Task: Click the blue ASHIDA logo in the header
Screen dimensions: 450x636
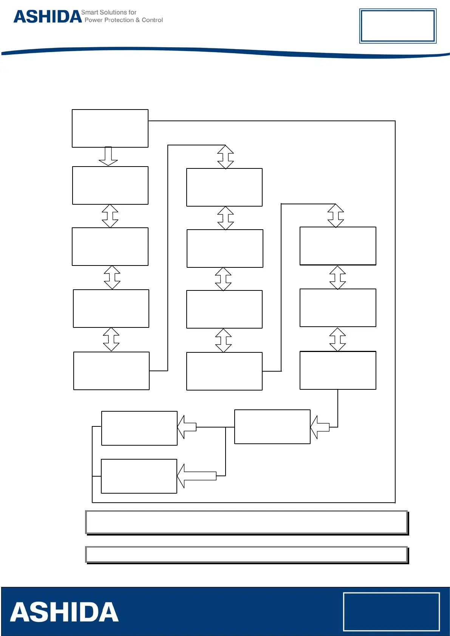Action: [48, 17]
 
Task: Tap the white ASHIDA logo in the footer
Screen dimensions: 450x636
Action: [64, 612]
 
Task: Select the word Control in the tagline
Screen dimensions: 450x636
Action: [152, 20]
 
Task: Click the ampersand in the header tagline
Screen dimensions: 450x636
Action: [138, 20]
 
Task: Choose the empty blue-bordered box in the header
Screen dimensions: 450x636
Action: [397, 26]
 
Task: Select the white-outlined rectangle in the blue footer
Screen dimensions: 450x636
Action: [391, 611]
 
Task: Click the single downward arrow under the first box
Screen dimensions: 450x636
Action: [108, 156]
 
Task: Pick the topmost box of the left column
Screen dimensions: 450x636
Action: [110, 128]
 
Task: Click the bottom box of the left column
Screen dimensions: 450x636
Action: [111, 371]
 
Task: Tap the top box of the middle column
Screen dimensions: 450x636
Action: [224, 187]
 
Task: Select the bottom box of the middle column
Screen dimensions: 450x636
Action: [224, 371]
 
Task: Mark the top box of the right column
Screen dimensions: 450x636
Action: [338, 246]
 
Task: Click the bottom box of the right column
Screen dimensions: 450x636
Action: [338, 370]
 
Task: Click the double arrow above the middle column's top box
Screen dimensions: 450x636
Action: [226, 157]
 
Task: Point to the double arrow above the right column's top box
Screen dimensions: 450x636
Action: [336, 216]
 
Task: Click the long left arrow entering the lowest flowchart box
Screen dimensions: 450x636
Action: [196, 476]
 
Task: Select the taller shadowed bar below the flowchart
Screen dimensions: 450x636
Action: [246, 522]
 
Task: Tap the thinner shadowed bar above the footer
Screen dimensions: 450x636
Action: [246, 554]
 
